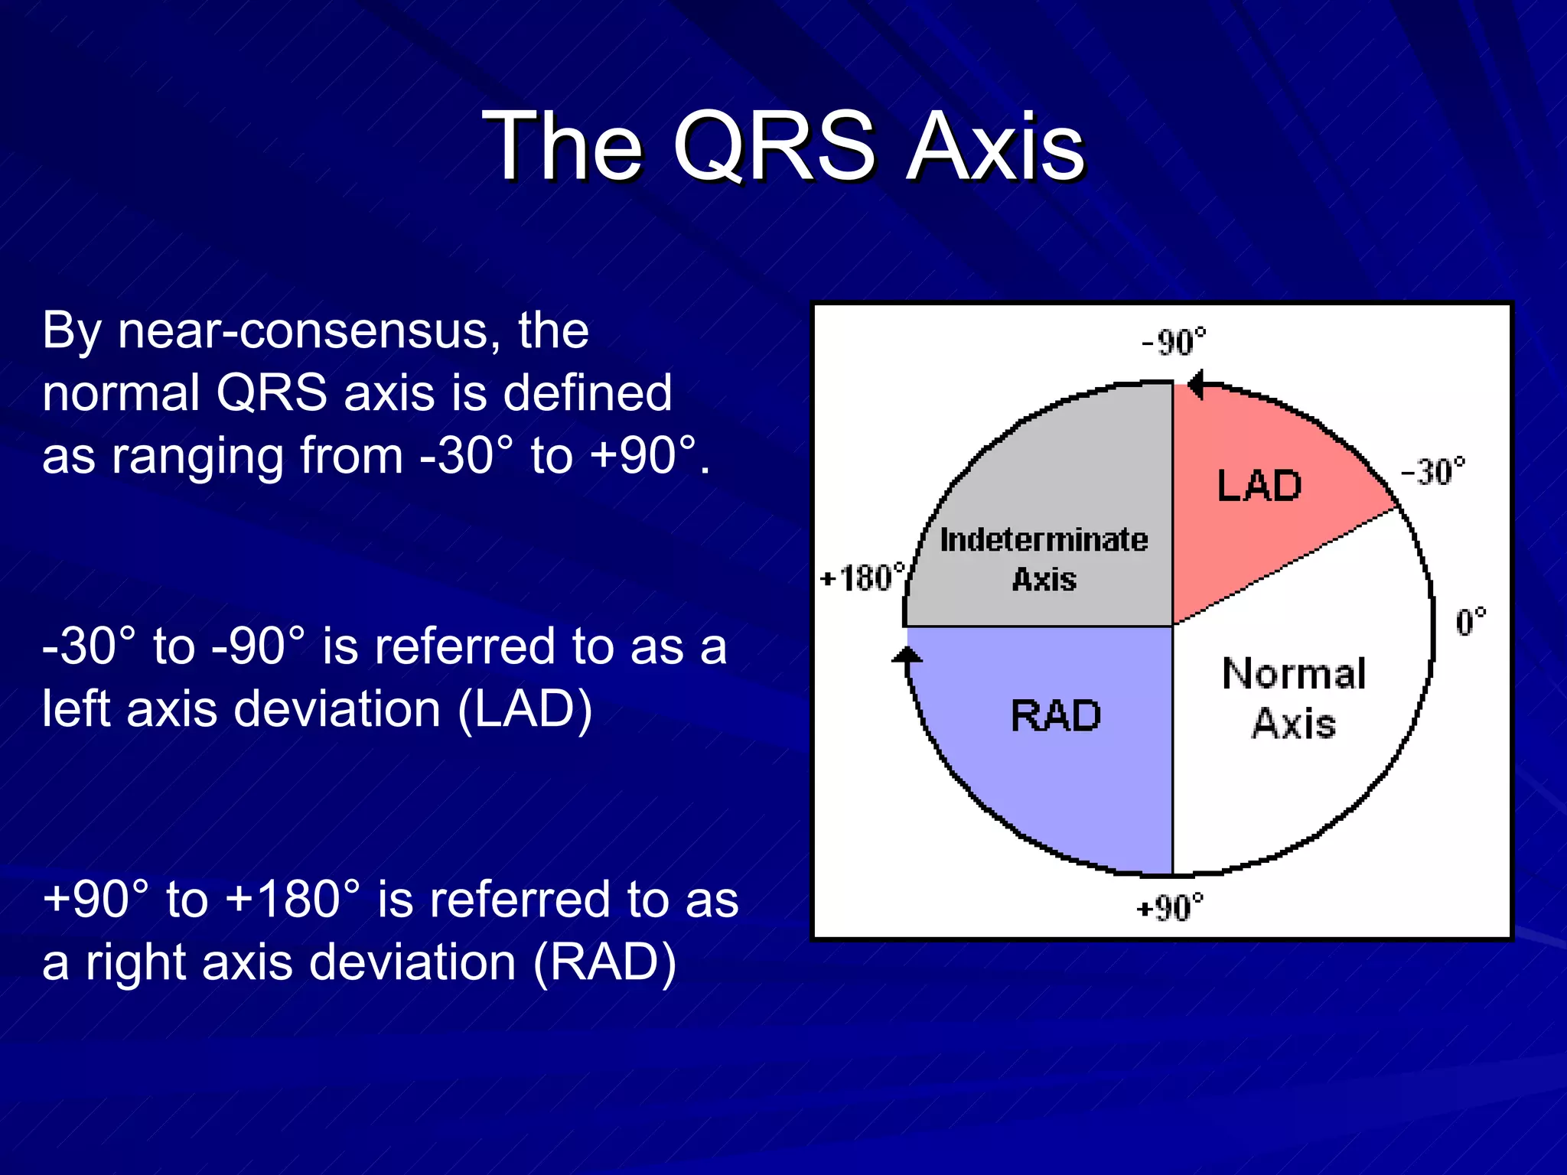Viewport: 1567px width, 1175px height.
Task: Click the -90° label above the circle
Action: (1174, 342)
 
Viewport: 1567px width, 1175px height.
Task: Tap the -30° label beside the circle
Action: (1433, 472)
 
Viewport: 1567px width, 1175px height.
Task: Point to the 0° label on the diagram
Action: (1471, 621)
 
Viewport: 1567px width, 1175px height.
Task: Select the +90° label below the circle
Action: (1170, 908)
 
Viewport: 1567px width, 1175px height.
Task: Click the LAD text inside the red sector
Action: (1259, 486)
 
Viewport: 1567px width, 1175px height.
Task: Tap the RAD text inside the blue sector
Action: (1055, 716)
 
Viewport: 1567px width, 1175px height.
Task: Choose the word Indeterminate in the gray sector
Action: (1044, 540)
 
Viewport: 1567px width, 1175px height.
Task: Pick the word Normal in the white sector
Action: (1294, 674)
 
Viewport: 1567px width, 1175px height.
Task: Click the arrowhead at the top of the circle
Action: (1196, 384)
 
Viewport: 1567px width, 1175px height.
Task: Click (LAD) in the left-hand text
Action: (525, 708)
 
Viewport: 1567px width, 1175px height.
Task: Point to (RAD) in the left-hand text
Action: (604, 962)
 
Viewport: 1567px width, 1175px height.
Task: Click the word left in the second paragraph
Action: (77, 708)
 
